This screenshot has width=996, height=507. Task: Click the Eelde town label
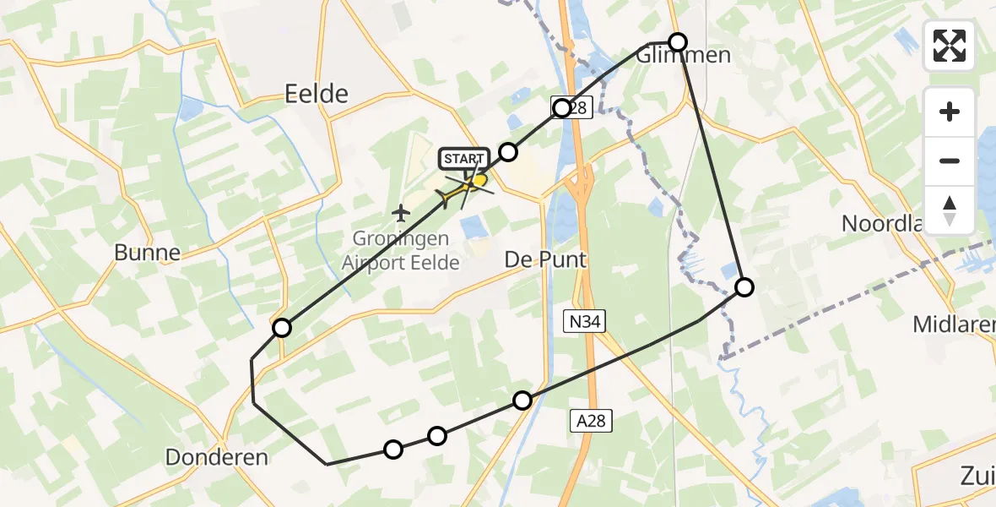tap(317, 93)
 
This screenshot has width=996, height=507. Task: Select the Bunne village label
tap(148, 252)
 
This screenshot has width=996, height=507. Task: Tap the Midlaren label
tap(954, 324)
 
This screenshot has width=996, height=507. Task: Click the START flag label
tap(463, 159)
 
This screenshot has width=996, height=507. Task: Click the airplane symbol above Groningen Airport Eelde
tap(401, 210)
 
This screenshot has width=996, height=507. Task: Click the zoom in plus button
tap(950, 112)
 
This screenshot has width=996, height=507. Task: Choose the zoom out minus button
tap(950, 161)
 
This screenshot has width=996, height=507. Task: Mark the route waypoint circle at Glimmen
tap(678, 41)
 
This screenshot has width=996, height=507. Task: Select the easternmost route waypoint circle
tap(744, 287)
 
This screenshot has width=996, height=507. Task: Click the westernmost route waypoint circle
tap(282, 328)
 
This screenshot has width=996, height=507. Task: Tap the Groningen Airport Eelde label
tap(401, 251)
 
